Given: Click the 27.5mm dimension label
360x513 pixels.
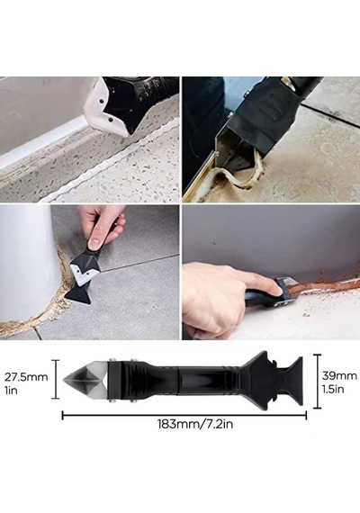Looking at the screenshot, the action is point(26,377).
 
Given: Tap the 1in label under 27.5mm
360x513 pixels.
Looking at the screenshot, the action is point(11,391).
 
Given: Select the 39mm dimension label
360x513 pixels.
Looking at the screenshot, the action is point(339,375).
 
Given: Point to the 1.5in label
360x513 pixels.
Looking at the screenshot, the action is point(333,389).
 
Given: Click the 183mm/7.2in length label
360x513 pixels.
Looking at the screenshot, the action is point(195,424).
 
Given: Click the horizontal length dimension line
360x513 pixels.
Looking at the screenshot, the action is point(184,416).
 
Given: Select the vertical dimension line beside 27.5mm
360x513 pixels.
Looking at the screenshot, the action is point(57,379).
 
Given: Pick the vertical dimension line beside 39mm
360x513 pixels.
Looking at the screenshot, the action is point(317,382).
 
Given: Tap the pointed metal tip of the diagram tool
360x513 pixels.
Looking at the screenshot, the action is point(64,380).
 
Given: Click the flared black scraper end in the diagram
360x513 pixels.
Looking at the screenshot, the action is point(292,381).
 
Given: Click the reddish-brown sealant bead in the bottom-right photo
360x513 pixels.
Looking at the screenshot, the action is point(320,283).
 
